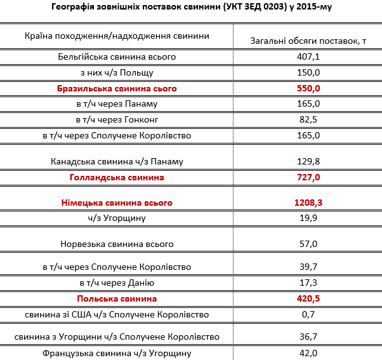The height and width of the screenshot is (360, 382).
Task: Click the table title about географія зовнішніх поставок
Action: pos(190,8)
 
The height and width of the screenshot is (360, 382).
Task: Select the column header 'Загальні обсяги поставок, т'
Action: pos(309,41)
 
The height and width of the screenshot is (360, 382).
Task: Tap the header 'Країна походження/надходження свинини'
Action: pos(117,36)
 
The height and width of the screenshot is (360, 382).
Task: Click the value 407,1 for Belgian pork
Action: pos(308,57)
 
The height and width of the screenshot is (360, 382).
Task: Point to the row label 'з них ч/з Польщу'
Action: pos(117,72)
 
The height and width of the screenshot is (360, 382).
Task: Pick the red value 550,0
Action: pos(308,88)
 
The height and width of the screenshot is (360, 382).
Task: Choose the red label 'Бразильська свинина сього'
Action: pos(117,88)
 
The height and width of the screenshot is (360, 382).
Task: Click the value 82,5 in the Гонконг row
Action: pos(308,119)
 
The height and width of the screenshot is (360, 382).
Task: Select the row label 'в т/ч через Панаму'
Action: pos(117,103)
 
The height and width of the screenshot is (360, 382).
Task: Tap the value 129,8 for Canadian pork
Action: pos(308,161)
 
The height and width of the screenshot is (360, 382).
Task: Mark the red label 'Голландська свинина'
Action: pos(117,177)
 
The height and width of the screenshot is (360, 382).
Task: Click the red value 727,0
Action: pos(308,177)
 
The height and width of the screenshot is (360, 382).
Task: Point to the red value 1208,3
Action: pos(308,203)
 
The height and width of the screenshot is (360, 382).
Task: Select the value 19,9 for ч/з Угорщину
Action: pos(308,218)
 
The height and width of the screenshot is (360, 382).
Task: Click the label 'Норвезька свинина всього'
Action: pos(117,244)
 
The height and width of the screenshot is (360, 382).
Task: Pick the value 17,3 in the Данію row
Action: pos(308,283)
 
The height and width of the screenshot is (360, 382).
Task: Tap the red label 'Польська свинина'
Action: pos(117,298)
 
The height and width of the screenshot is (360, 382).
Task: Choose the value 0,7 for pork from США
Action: pos(308,314)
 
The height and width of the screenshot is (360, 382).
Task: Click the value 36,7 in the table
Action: pos(308,336)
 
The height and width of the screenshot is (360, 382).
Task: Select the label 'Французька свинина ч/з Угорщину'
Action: pos(117,353)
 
